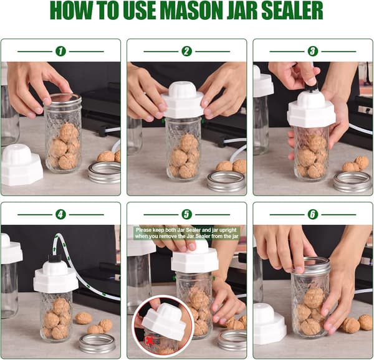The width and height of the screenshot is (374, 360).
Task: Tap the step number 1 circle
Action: tap(60, 51)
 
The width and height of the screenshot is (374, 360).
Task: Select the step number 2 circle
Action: tap(186, 51)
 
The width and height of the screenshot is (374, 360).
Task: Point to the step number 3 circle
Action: tap(313, 51)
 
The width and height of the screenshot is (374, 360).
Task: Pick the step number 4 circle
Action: tap(60, 214)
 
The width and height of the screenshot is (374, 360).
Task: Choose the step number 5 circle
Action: tap(186, 214)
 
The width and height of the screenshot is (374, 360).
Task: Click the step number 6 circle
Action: tap(313, 214)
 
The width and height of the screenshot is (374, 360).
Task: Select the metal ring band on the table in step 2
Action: tap(226, 181)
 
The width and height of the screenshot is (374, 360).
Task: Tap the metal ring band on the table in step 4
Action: tap(97, 344)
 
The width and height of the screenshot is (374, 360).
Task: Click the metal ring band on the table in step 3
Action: tap(353, 182)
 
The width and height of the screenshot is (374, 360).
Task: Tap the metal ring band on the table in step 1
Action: tap(104, 173)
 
